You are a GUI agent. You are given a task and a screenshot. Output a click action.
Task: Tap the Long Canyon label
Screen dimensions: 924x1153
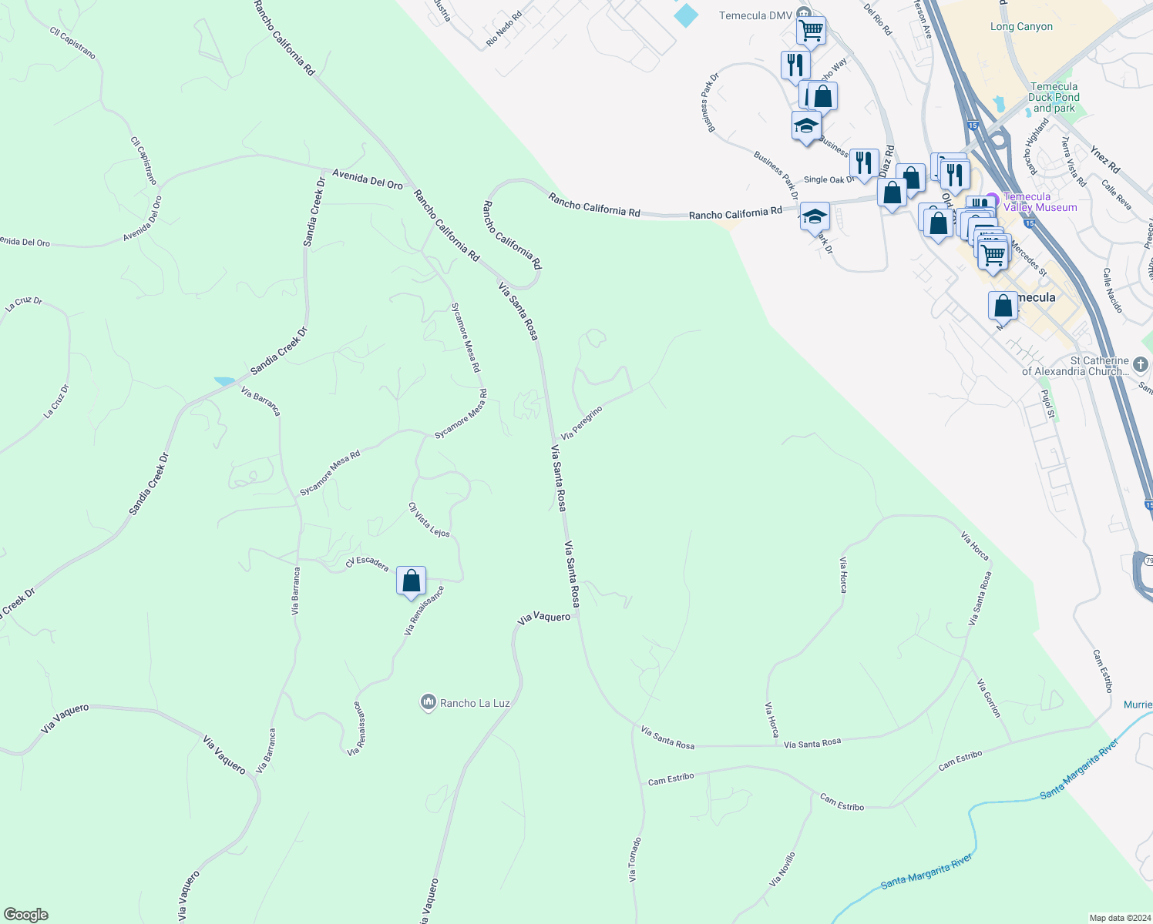pyautogui.click(x=1021, y=27)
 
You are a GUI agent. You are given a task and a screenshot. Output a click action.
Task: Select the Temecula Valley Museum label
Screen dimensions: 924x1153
pyautogui.click(x=1040, y=202)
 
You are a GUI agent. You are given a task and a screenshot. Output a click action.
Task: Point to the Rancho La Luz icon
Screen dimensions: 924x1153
pyautogui.click(x=428, y=702)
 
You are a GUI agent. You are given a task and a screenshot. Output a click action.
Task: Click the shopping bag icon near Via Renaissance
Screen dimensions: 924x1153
pyautogui.click(x=411, y=581)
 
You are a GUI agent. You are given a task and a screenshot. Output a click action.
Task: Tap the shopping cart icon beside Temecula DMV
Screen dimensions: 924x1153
pyautogui.click(x=811, y=31)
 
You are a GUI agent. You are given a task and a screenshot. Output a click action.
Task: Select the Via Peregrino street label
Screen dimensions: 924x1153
pyautogui.click(x=581, y=423)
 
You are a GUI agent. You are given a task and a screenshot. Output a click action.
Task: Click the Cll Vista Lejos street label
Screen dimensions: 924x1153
pyautogui.click(x=429, y=520)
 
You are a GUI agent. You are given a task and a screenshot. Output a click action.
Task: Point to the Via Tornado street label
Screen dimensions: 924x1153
pyautogui.click(x=634, y=859)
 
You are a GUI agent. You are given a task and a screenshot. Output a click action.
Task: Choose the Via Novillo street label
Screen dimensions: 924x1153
pyautogui.click(x=782, y=869)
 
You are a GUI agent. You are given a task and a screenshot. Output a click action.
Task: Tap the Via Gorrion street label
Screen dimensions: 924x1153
pyautogui.click(x=989, y=698)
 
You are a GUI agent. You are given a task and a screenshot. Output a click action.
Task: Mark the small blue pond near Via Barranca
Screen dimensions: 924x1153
pyautogui.click(x=224, y=381)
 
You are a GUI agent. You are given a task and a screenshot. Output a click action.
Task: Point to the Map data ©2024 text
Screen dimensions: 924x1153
pyautogui.click(x=1118, y=918)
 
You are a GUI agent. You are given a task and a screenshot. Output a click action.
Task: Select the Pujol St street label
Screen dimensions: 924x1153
pyautogui.click(x=1047, y=403)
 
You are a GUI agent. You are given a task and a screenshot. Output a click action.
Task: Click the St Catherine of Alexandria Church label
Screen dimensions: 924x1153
pyautogui.click(x=1076, y=366)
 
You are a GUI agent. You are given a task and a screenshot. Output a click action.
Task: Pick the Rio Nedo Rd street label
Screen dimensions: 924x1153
pyautogui.click(x=504, y=28)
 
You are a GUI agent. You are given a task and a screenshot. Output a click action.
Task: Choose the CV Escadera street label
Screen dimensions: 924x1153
pyautogui.click(x=367, y=563)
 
